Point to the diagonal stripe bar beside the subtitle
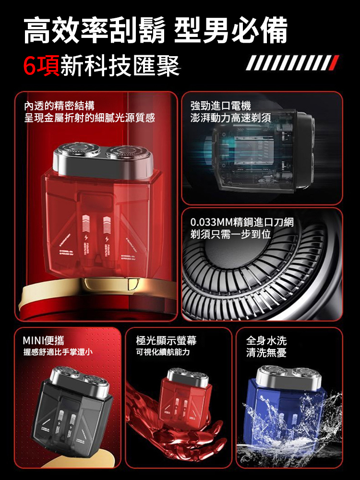292,63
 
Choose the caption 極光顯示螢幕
166,340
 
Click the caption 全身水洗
266,341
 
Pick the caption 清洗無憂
266,353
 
